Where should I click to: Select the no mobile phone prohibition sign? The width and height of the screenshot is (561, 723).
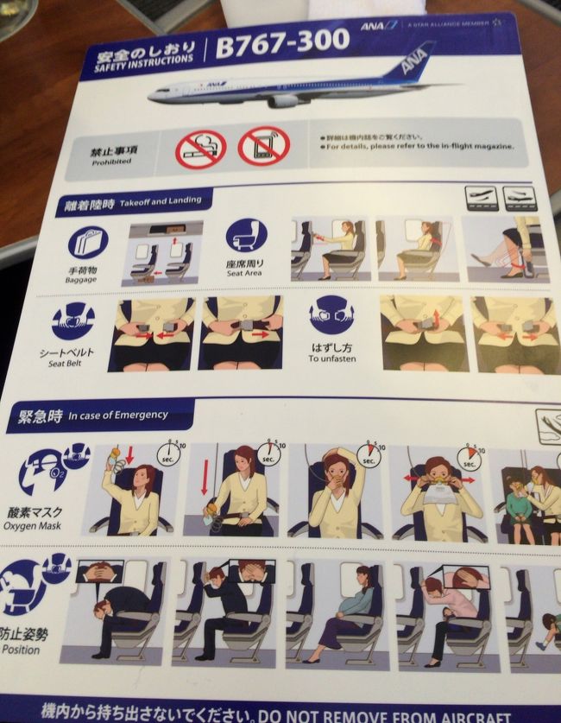click(264, 145)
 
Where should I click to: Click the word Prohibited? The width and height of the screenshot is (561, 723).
click(111, 162)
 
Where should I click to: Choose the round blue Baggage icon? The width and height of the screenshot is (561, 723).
click(87, 243)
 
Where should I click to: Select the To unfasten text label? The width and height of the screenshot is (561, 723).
click(331, 358)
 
